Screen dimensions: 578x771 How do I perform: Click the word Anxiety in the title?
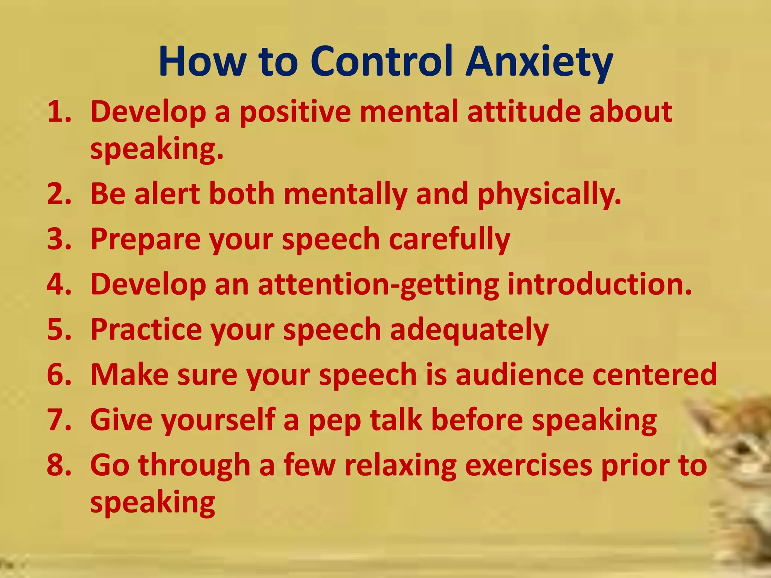coord(539,62)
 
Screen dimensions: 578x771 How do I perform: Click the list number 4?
coord(59,284)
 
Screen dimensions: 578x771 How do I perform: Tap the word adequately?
coord(469,330)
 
